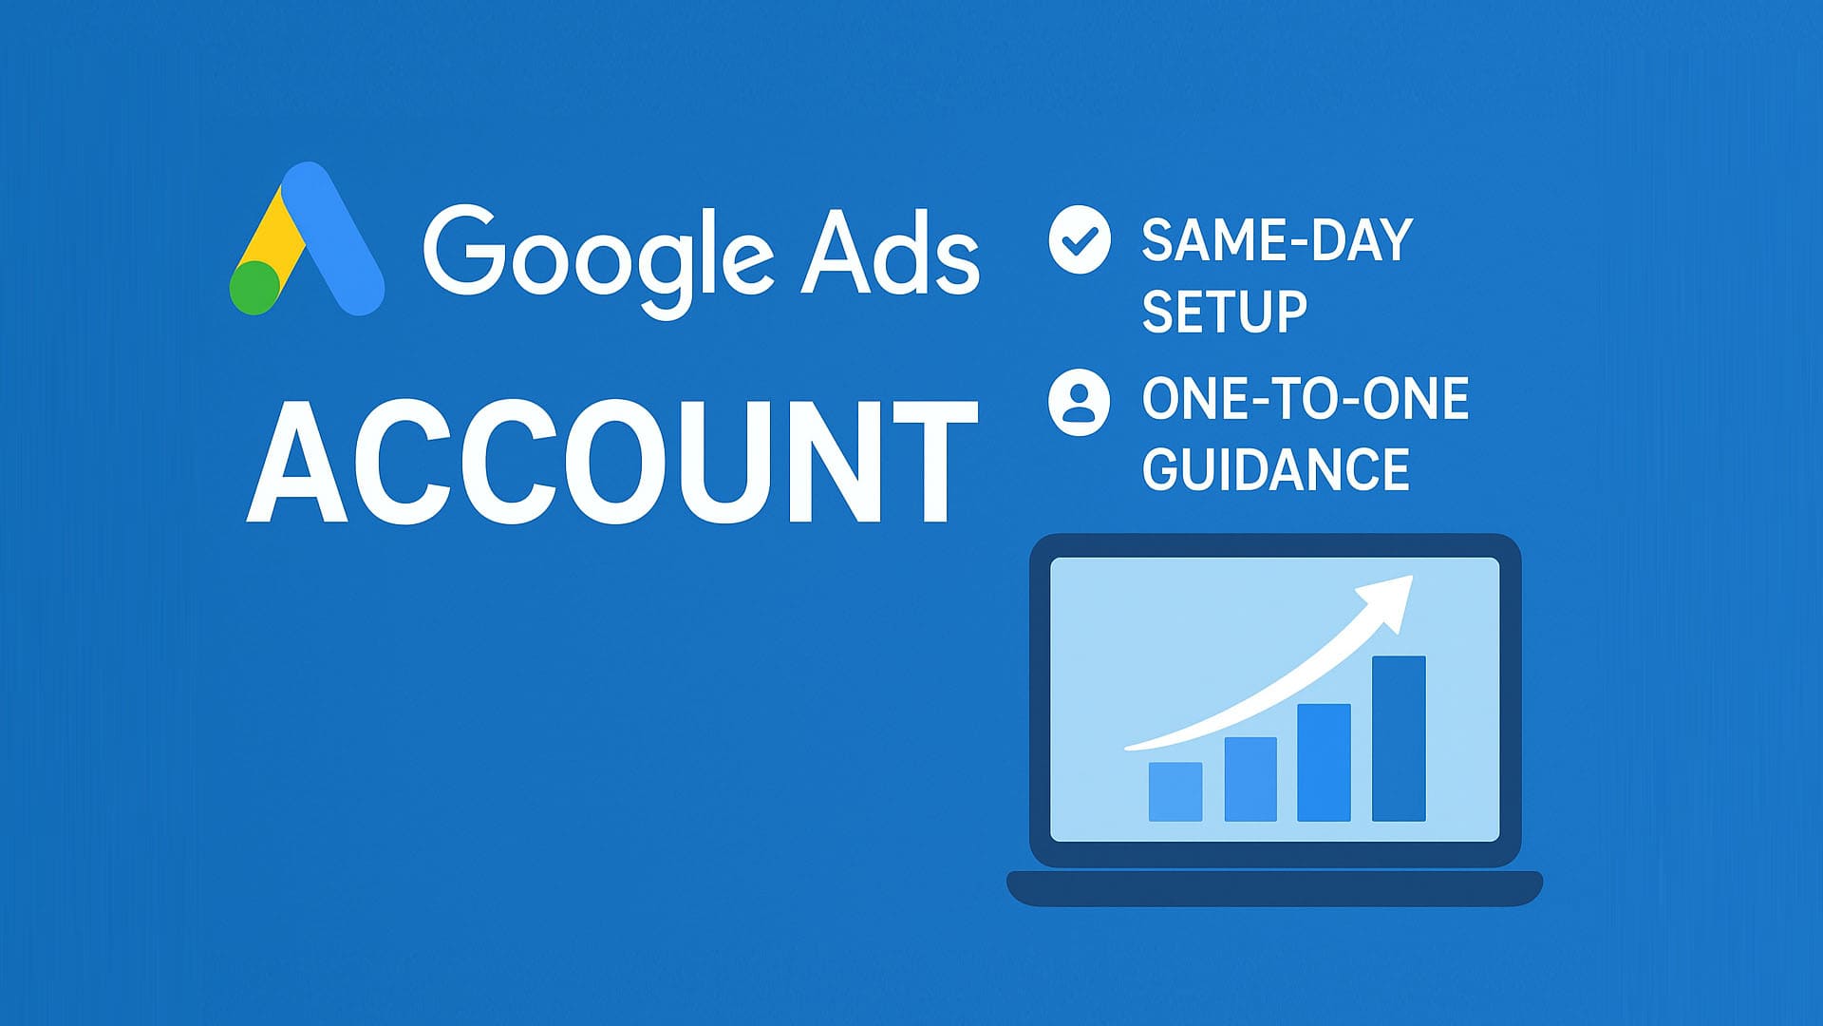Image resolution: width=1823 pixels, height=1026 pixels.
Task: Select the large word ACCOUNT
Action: [612, 461]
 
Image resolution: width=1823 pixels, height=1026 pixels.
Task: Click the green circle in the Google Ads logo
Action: [255, 288]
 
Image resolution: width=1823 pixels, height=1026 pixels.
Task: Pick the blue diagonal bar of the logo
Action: [333, 238]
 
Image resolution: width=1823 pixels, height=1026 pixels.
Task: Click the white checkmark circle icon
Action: [1080, 240]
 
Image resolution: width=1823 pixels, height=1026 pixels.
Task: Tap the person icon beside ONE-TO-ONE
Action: [1079, 402]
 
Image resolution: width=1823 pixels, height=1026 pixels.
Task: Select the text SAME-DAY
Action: [1277, 240]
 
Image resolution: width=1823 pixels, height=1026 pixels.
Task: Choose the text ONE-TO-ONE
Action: [1306, 399]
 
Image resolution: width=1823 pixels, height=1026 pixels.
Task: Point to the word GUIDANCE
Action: [1275, 469]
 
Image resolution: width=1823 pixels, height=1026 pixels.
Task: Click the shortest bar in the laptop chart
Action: [1175, 791]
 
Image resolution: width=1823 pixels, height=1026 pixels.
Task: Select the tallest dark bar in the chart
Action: [1399, 738]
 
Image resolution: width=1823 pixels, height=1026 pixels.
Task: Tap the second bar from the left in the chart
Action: [1250, 779]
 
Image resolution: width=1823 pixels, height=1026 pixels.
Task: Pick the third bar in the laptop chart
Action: [1324, 762]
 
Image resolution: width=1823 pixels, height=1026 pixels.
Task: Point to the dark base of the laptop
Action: [1274, 888]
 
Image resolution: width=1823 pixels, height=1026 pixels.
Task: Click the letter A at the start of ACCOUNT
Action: [297, 462]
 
